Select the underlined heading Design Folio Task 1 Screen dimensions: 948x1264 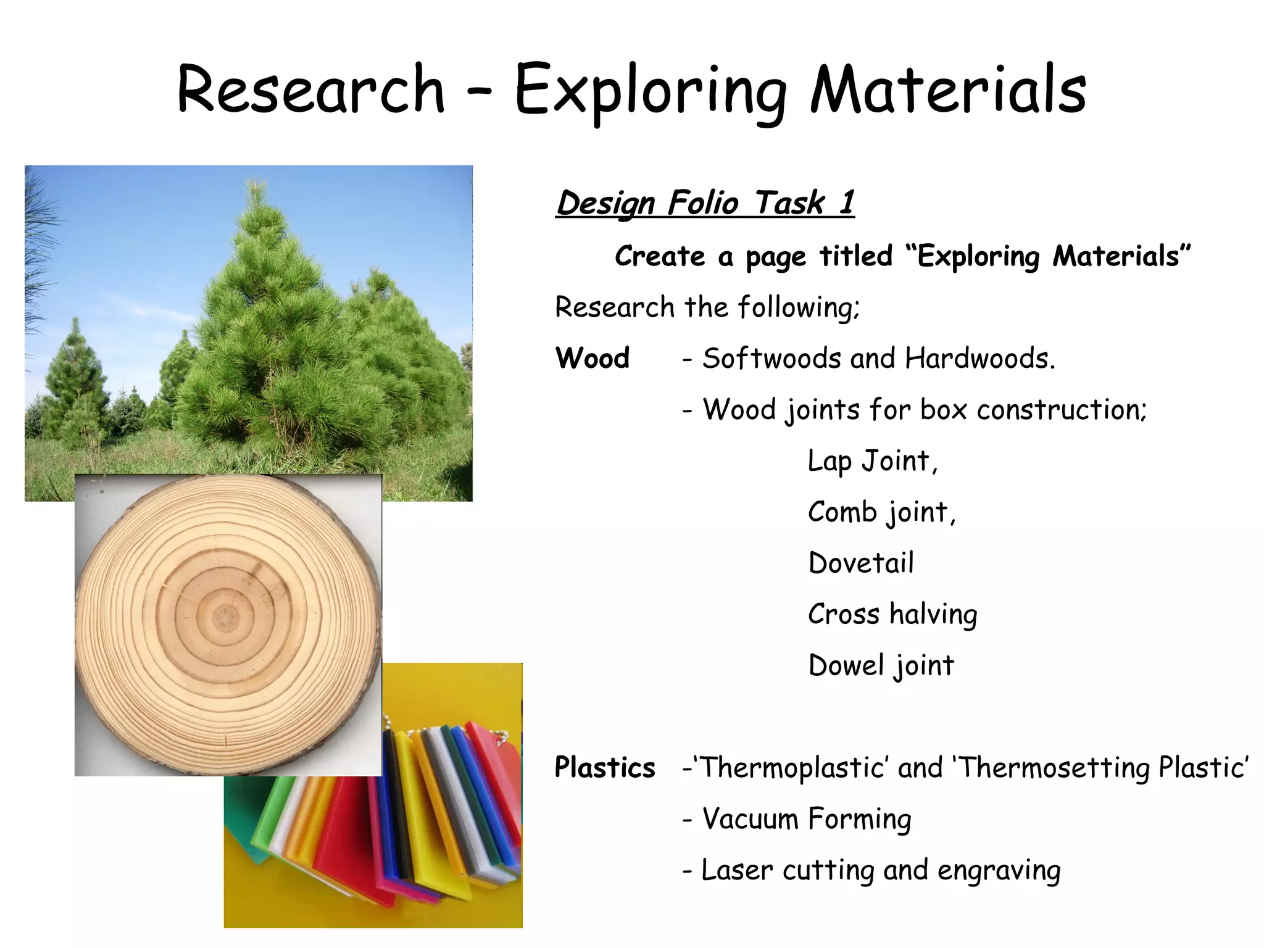click(705, 203)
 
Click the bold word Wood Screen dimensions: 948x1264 click(592, 359)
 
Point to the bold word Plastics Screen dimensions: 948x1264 click(605, 768)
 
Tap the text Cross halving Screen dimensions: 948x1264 click(892, 615)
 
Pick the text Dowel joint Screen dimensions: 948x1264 click(881, 666)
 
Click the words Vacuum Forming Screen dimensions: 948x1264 click(807, 820)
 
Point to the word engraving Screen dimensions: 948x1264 click(999, 871)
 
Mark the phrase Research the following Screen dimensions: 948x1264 click(707, 307)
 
